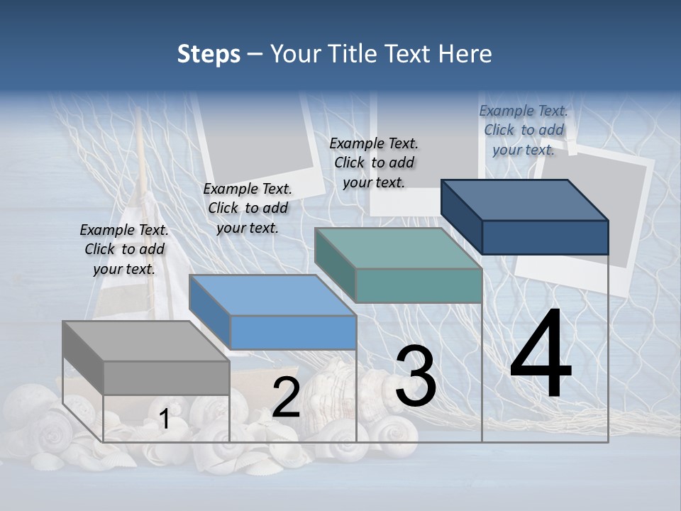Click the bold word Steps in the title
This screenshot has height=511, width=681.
[x=209, y=54]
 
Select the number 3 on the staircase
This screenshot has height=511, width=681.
[x=416, y=377]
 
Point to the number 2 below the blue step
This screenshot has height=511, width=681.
[x=286, y=397]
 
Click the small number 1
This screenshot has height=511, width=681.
[x=164, y=419]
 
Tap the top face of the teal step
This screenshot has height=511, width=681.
[x=398, y=248]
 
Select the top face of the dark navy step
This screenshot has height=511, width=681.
[x=524, y=200]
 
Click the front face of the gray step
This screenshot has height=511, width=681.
[x=167, y=378]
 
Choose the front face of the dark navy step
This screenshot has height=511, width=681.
[x=545, y=237]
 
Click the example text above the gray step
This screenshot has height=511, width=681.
[x=124, y=250]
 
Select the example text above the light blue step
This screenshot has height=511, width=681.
[x=248, y=209]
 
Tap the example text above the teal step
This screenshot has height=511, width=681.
[x=374, y=163]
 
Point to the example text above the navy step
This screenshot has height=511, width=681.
[x=524, y=130]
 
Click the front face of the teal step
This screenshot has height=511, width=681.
[x=419, y=285]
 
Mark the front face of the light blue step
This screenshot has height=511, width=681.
[x=293, y=332]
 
